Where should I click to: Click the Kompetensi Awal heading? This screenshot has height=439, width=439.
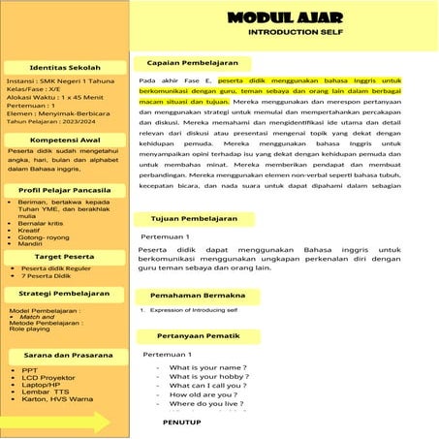[x=66, y=140]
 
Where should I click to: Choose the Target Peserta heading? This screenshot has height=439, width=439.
[x=66, y=256]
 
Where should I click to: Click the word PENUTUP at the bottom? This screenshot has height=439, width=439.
[x=182, y=423]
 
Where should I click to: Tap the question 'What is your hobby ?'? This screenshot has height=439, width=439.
[x=208, y=376]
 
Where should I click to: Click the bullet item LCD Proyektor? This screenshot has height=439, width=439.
[x=48, y=377]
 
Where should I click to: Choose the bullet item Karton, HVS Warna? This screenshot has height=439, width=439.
[x=57, y=399]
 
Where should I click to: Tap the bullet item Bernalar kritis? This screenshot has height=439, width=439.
[x=44, y=223]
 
